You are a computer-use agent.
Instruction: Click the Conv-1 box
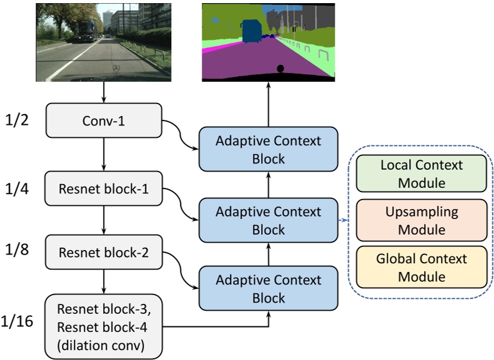click(x=104, y=120)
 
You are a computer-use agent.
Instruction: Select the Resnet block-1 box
click(x=104, y=188)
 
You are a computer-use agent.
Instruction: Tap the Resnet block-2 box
click(x=104, y=253)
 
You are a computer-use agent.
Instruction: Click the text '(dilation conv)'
click(x=104, y=343)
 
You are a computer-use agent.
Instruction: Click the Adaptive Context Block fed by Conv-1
click(x=269, y=150)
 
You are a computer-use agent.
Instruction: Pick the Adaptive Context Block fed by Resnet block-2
click(x=269, y=288)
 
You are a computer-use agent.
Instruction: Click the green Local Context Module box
click(x=422, y=174)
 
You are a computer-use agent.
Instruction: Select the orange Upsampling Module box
click(x=422, y=220)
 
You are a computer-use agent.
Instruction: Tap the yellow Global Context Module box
click(x=422, y=266)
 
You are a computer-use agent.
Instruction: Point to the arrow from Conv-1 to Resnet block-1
click(x=104, y=154)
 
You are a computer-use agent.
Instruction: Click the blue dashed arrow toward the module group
click(x=343, y=220)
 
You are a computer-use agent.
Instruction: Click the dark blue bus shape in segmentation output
click(x=252, y=31)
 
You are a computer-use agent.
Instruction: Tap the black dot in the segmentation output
click(x=280, y=68)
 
